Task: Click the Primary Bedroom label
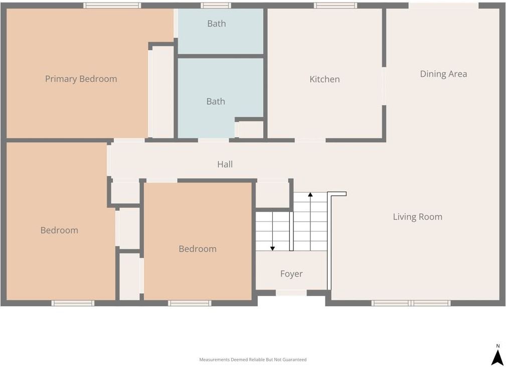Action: [81, 79]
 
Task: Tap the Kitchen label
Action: [324, 79]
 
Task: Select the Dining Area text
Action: [443, 74]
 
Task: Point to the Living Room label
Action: [418, 217]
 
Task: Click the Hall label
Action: [225, 164]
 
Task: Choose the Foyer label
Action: [291, 274]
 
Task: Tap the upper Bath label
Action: [217, 24]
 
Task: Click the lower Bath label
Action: [216, 102]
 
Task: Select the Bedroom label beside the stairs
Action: [198, 249]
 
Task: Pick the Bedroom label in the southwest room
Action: [59, 230]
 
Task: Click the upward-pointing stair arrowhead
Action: [310, 195]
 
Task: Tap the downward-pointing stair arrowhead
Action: [273, 249]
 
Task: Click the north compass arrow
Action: [497, 358]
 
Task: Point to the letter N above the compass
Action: [498, 346]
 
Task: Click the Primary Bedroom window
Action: [112, 6]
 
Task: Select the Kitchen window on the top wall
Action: [335, 6]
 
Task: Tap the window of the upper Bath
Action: [216, 6]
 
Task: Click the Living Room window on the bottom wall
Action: [411, 303]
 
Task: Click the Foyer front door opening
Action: [291, 293]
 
